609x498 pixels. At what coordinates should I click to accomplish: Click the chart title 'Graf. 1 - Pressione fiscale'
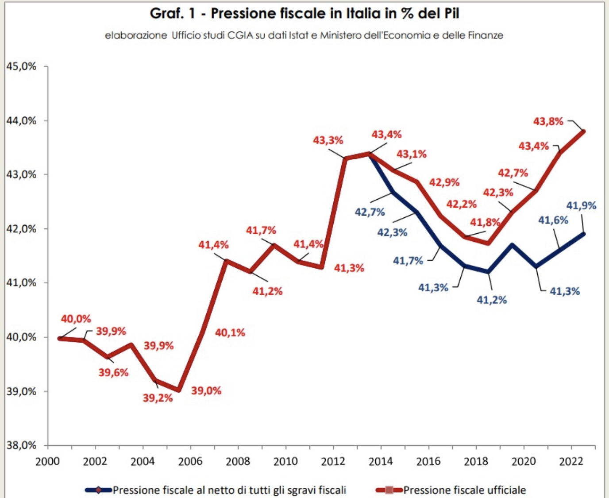[x=304, y=13]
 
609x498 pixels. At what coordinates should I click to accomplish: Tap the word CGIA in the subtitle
[x=240, y=35]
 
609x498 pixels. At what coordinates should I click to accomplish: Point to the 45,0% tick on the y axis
[x=21, y=66]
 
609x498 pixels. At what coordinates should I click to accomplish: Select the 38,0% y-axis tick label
[x=21, y=445]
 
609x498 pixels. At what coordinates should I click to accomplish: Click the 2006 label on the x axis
[x=190, y=462]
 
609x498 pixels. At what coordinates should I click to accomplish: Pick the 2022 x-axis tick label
[x=571, y=462]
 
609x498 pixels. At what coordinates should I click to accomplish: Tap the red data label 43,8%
[x=548, y=121]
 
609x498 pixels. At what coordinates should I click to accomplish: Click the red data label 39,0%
[x=206, y=391]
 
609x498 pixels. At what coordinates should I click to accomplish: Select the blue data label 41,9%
[x=581, y=205]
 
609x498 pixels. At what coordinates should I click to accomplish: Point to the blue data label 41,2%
[x=491, y=300]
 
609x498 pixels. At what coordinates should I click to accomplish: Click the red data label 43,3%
[x=328, y=140]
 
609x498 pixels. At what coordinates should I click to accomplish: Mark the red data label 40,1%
[x=230, y=332]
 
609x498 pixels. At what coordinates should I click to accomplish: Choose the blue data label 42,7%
[x=370, y=212]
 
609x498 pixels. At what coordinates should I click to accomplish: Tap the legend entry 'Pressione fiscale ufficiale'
[x=464, y=490]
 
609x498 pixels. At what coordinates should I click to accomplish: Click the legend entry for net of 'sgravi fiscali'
[x=229, y=490]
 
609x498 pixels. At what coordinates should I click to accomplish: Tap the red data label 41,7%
[x=261, y=230]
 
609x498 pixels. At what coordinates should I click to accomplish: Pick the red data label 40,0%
[x=76, y=319]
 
